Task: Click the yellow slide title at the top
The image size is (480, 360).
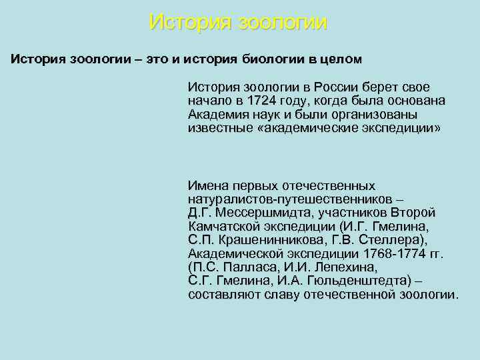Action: coord(239,22)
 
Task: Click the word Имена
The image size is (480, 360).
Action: coord(207,185)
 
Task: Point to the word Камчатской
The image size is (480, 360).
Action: coord(221,226)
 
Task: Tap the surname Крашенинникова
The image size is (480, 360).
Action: coord(269,240)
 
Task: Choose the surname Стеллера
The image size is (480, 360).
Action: coord(396,240)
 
